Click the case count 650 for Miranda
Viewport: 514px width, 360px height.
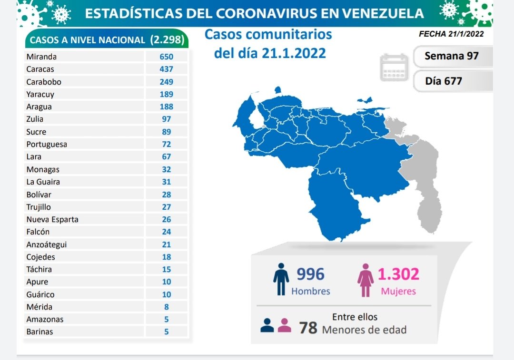tap(167, 57)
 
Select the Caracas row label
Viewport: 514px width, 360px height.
tap(40, 69)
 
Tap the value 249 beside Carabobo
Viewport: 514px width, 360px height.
tap(167, 82)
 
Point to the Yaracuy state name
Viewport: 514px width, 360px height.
tap(40, 94)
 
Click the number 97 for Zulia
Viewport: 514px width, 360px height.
tap(167, 119)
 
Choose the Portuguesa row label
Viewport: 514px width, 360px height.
tap(47, 144)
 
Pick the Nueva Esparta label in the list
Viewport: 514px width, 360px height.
tap(52, 219)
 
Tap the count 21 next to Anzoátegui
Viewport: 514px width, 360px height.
tap(167, 244)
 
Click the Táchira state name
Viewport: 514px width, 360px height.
tap(39, 269)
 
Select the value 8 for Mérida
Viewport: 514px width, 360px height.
tap(167, 307)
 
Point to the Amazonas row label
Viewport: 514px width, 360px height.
tap(45, 320)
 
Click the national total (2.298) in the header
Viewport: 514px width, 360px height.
tap(167, 40)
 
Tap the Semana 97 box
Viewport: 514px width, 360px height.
tap(451, 56)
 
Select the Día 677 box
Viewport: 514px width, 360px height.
tap(444, 81)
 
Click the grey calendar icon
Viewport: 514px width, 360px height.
tap(394, 68)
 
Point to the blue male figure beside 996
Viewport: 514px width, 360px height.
tap(281, 280)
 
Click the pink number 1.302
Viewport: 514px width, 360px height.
tap(398, 274)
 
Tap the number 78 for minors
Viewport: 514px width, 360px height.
tap(308, 328)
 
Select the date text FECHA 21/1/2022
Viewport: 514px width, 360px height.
tap(451, 34)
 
